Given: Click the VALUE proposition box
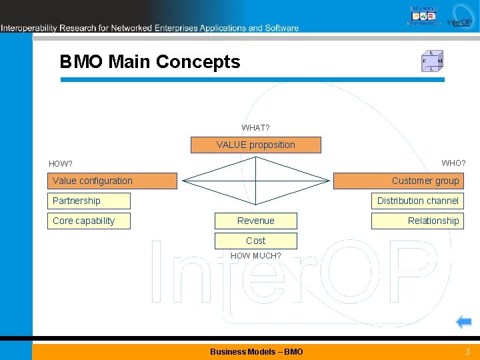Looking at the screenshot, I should pos(255,145).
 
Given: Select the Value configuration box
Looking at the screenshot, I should pos(114,181).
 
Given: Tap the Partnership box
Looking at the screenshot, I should pos(90,201).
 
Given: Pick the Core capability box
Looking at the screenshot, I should pos(90,221).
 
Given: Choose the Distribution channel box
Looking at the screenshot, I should pos(417,201).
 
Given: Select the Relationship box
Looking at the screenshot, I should pos(417,221).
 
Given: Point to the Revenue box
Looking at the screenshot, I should pos(255,221).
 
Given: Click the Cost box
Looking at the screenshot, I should pos(255,241).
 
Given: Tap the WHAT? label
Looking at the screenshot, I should pos(255,127).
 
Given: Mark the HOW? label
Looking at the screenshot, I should pos(61,164).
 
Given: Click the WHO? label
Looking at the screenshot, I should pos(453,163).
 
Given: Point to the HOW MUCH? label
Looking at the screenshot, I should pos(255,256).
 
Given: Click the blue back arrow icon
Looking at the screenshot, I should pos(463,323).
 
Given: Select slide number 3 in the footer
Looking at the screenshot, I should pos(467,351).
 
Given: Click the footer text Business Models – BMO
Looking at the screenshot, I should pos(256,351).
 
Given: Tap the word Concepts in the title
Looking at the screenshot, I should pos(198,62).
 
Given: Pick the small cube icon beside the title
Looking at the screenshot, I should pos(432,61).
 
